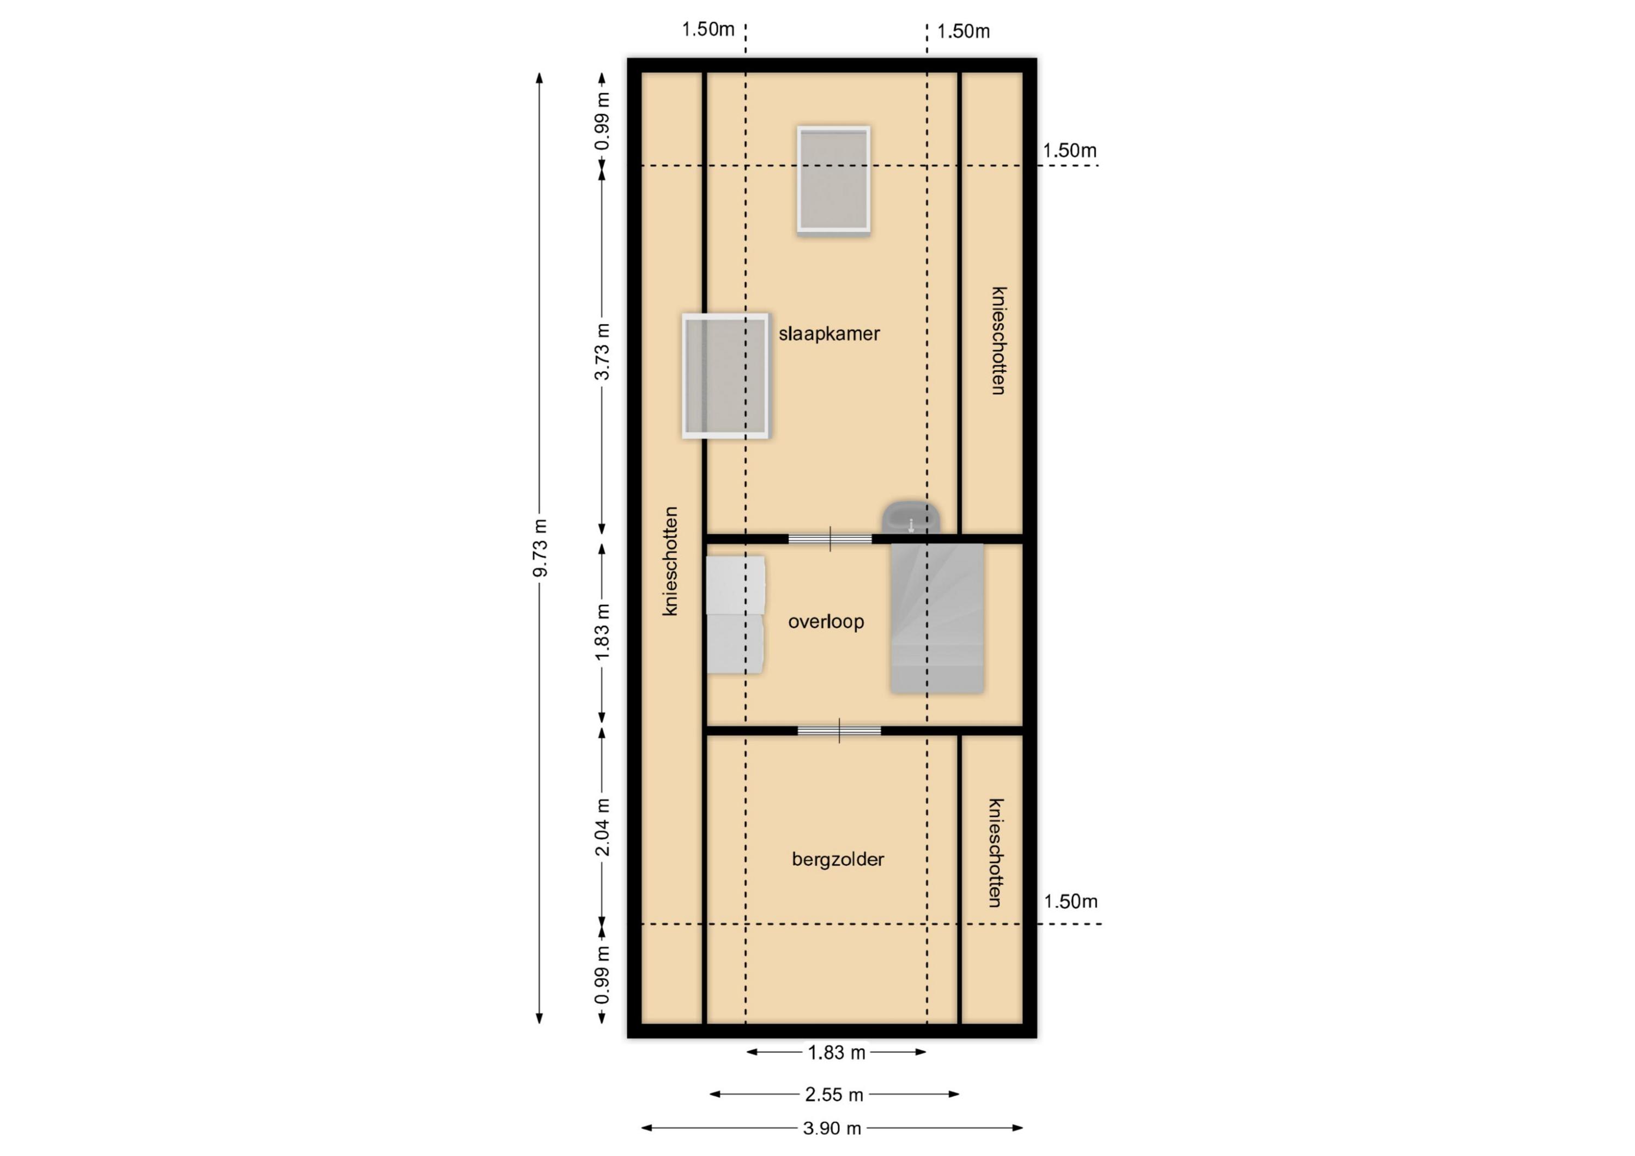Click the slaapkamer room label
(829, 334)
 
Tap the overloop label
(826, 622)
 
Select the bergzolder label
(838, 859)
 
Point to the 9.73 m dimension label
(541, 548)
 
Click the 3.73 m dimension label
(602, 352)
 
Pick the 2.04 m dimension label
(602, 827)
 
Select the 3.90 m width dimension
(832, 1128)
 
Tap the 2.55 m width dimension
(834, 1094)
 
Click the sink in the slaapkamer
(911, 518)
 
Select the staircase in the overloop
(937, 618)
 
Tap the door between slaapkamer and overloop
(831, 538)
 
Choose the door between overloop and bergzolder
(840, 731)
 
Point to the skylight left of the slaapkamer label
(725, 376)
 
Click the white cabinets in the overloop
(736, 615)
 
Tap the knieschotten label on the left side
(671, 561)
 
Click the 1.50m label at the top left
(708, 29)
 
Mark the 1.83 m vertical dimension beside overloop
(602, 632)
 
